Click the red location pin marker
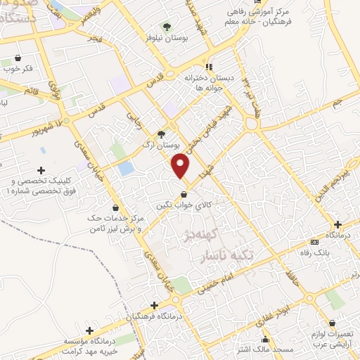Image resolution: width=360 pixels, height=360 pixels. pos(181,165)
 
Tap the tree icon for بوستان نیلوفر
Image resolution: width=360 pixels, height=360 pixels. pos(166,27)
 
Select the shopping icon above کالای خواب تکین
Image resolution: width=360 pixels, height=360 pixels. pos(184,195)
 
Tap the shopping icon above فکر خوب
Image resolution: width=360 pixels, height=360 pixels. pos(18,58)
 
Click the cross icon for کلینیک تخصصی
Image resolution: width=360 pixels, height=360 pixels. pos(41,170)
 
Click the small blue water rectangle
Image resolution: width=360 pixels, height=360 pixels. pos(126,169)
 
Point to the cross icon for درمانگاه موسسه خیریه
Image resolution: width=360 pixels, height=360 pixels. pos(89,330)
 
